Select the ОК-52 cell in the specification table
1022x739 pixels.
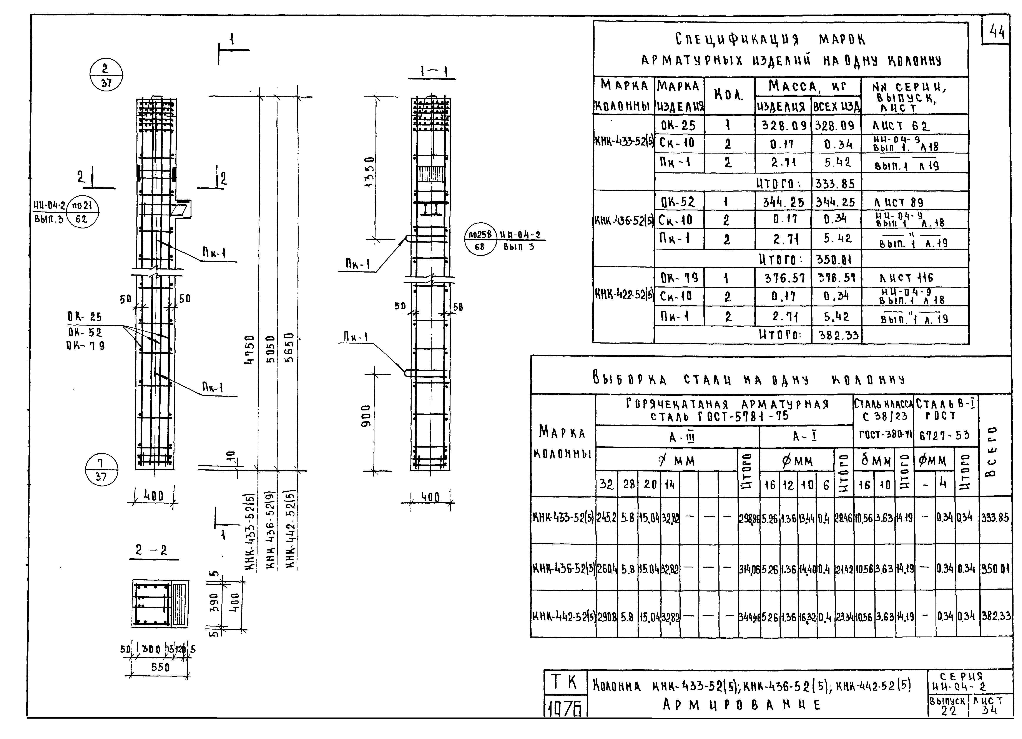tap(678, 202)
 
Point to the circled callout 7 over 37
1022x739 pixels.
tap(101, 470)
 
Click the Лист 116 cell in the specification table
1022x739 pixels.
tap(906, 278)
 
